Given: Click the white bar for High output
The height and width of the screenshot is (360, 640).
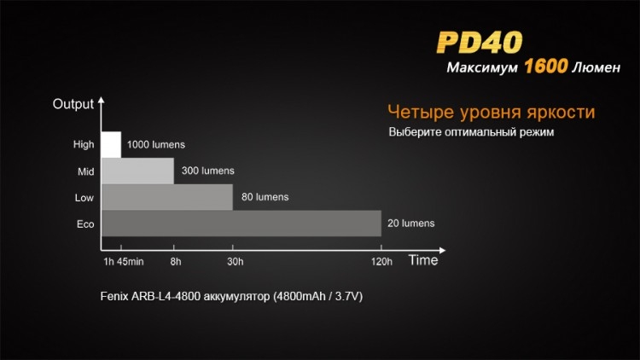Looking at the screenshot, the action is coord(111,144).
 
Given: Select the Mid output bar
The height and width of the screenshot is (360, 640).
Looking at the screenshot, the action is coord(137,171).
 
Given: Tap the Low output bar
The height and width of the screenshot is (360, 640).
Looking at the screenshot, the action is coord(167,197).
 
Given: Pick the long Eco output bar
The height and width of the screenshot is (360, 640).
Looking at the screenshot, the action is coord(241,224).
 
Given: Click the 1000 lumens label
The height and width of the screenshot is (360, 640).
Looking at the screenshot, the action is coord(156,144).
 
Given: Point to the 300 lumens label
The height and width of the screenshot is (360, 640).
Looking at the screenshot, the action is coord(207,171).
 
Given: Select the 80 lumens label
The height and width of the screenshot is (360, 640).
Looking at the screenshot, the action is coord(265,197).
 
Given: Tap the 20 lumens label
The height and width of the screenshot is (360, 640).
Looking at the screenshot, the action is coord(411,224).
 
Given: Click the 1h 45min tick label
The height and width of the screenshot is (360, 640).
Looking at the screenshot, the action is coord(123,262).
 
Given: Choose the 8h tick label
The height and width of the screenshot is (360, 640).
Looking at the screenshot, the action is coord(176,262).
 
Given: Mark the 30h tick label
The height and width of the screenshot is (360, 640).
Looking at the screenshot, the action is coord(236,262).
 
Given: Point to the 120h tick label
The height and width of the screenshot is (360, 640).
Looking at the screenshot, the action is coord(381,262).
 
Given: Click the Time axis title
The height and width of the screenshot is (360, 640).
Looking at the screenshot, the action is coord(423,260).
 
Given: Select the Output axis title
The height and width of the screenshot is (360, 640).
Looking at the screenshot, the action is coord(73,104).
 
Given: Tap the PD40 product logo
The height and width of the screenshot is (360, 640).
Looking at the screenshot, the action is coord(480,43).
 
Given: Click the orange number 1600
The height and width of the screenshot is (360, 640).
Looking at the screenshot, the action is coord(546,67).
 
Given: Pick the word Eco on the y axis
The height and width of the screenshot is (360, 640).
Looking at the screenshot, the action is coord(85,224).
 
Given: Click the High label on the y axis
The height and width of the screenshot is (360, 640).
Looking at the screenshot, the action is coord(84,144).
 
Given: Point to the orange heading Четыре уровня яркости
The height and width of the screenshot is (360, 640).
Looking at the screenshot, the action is coord(491,113).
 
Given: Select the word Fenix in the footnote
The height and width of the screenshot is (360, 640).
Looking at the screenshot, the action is coord(113,296).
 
